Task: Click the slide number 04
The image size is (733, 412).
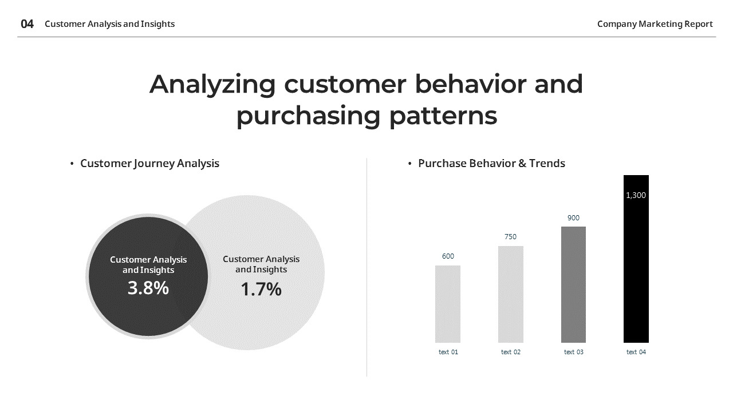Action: pyautogui.click(x=27, y=24)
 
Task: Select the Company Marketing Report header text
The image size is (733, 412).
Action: pyautogui.click(x=655, y=24)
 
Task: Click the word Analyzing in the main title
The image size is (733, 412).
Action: pyautogui.click(x=212, y=85)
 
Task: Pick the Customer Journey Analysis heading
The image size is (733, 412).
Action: pyautogui.click(x=149, y=163)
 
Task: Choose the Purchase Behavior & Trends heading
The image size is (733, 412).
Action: pyautogui.click(x=491, y=163)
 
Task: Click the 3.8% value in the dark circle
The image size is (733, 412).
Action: pyautogui.click(x=148, y=288)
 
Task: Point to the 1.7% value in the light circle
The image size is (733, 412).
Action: pyautogui.click(x=261, y=290)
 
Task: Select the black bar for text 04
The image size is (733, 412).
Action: pyautogui.click(x=636, y=269)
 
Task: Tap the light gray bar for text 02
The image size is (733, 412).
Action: pyautogui.click(x=510, y=294)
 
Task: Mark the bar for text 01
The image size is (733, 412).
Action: pyautogui.click(x=448, y=304)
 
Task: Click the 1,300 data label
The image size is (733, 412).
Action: pyautogui.click(x=636, y=195)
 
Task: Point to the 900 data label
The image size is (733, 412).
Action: pyautogui.click(x=573, y=218)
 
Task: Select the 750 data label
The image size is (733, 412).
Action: pyautogui.click(x=510, y=237)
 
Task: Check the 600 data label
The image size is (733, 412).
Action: pyautogui.click(x=448, y=256)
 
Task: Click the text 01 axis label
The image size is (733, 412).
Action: pyautogui.click(x=448, y=352)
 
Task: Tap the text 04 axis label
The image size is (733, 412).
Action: pyautogui.click(x=636, y=352)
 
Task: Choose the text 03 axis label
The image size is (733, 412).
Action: pyautogui.click(x=573, y=352)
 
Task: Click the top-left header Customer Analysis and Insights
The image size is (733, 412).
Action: pyautogui.click(x=109, y=24)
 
